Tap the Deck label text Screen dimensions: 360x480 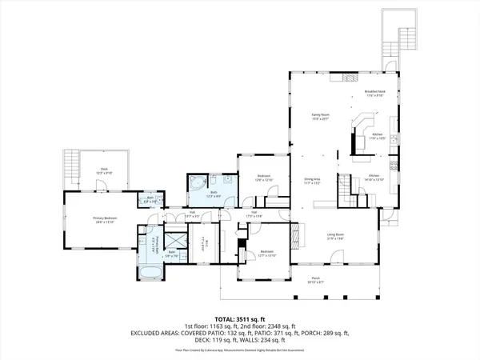tap(104, 170)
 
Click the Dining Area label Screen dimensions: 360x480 tap(312, 180)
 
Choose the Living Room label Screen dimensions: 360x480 tap(334, 236)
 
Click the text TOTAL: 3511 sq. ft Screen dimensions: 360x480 tap(240, 318)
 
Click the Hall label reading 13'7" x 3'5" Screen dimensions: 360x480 tap(192, 214)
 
